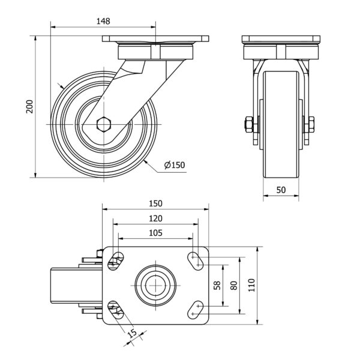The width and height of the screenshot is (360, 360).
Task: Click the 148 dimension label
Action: (x=103, y=21)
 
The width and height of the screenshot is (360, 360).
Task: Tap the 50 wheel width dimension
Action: (x=281, y=189)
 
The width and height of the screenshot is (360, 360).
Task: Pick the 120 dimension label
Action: (x=155, y=218)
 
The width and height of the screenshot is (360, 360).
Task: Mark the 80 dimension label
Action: (x=234, y=286)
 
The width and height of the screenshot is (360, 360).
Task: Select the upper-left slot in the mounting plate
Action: (x=116, y=260)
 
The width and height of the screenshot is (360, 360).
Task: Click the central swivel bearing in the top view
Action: (x=155, y=284)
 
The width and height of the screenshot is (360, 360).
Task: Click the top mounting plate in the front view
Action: (x=281, y=40)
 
